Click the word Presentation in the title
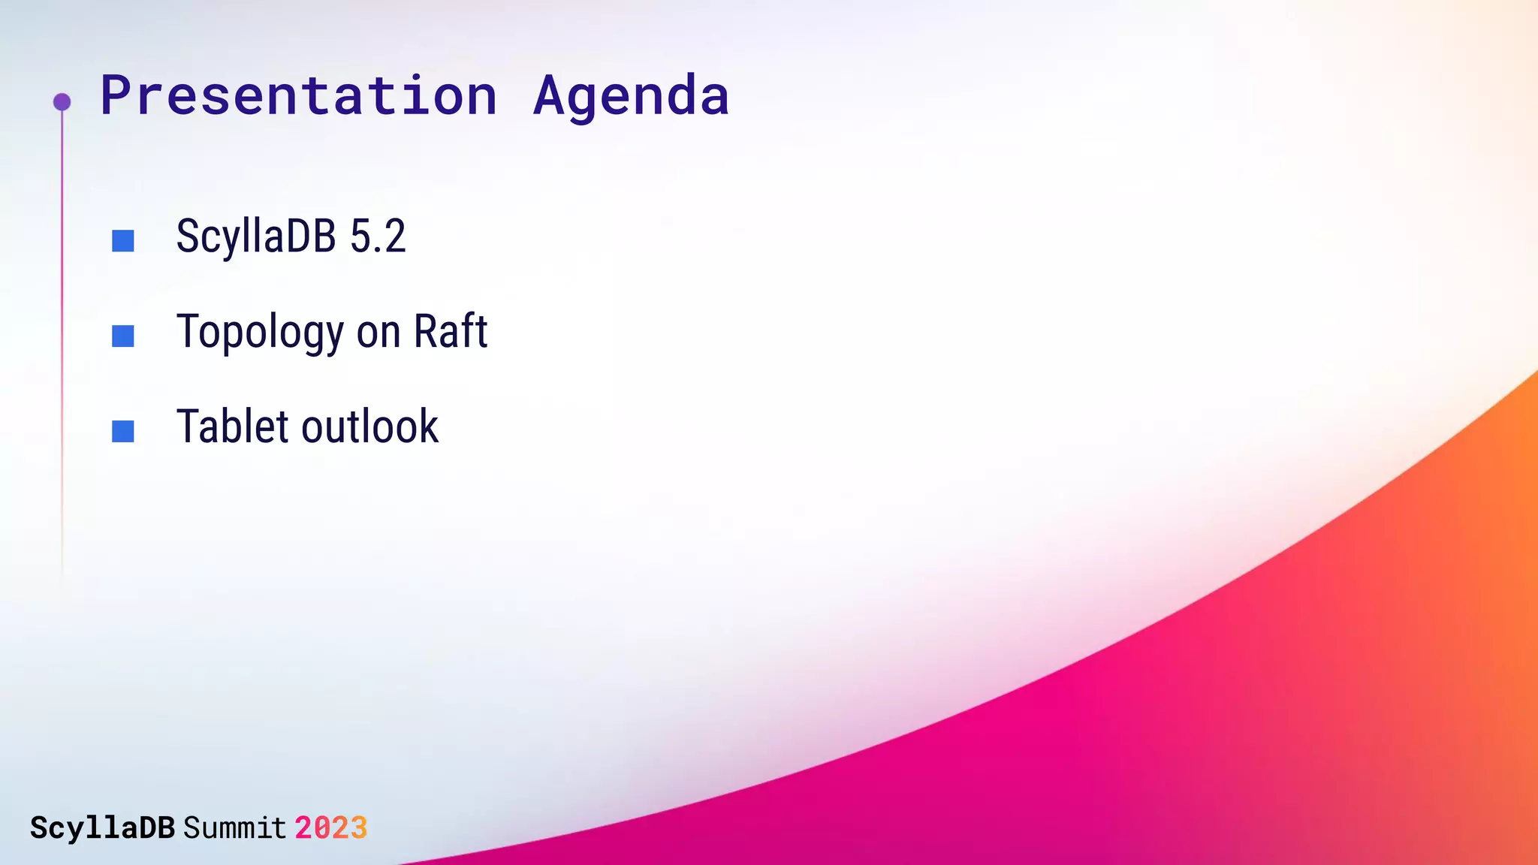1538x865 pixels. [x=299, y=96]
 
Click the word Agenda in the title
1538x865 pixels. [x=631, y=96]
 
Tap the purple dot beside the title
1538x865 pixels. [x=62, y=101]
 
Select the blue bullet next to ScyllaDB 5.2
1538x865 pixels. [x=123, y=241]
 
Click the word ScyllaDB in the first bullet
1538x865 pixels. [x=255, y=237]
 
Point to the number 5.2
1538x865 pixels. [x=378, y=237]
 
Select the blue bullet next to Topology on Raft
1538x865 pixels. [x=123, y=336]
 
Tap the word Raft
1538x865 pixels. [x=451, y=331]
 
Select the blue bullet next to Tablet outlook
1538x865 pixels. [x=123, y=431]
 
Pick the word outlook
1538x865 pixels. [x=370, y=426]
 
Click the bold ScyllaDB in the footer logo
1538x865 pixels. [x=102, y=828]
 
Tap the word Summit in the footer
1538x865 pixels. [x=234, y=828]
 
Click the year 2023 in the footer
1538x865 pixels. [x=330, y=828]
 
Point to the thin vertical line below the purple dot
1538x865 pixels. [x=62, y=338]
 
